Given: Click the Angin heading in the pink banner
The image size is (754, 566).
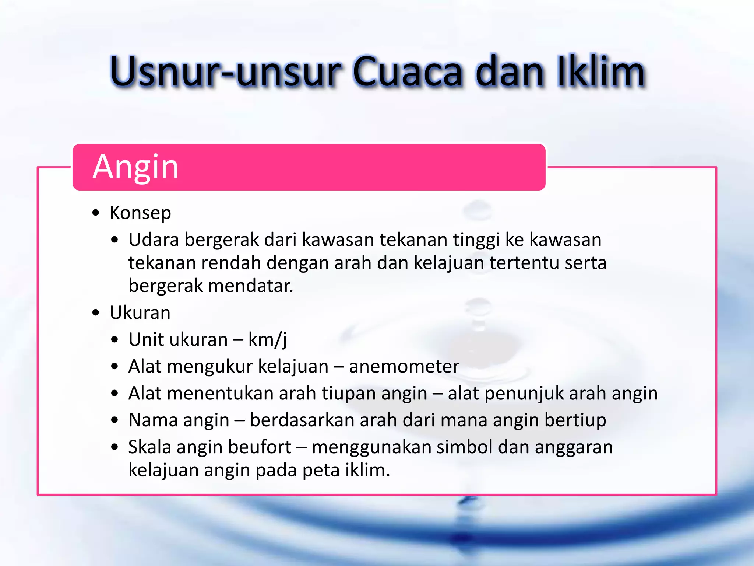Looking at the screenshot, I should [x=135, y=167].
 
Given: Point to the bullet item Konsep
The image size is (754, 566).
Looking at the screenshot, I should [x=140, y=213].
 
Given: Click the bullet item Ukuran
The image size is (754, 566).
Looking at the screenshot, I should [x=140, y=313].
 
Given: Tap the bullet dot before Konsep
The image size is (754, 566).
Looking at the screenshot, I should [x=96, y=213].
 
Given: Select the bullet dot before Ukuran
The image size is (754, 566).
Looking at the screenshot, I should [x=96, y=313].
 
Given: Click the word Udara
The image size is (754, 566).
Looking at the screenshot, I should [x=154, y=240].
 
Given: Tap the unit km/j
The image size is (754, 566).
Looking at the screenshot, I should [x=268, y=340].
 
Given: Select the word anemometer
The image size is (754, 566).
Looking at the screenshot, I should [x=404, y=367].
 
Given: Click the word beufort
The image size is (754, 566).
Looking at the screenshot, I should [x=260, y=447].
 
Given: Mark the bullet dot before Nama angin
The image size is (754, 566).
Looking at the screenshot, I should [x=115, y=420].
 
